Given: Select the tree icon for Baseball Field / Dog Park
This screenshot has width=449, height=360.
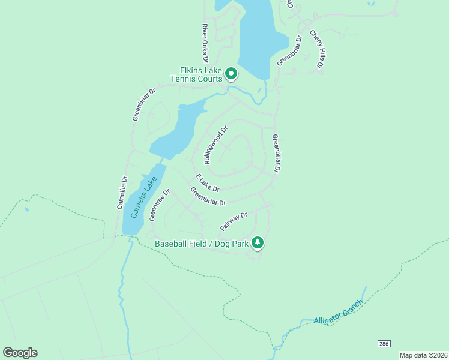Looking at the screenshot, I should click(x=258, y=242).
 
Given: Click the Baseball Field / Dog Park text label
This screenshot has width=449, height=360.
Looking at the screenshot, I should click(x=202, y=244).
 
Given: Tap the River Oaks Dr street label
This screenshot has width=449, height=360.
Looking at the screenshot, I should click(x=205, y=43).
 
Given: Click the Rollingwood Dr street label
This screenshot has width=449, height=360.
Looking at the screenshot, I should click(x=216, y=145).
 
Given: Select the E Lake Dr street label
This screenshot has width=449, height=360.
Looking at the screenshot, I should click(x=208, y=183).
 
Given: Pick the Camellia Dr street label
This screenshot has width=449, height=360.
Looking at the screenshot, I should click(x=122, y=193).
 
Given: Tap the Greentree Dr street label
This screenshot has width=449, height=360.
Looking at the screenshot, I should click(x=160, y=205).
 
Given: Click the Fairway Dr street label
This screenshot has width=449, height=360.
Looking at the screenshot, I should click(x=234, y=221).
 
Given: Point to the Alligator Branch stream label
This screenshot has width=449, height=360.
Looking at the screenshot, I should click(x=339, y=313).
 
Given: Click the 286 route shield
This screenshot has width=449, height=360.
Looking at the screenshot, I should click(x=384, y=343).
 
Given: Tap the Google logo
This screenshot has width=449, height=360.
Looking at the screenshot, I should click(x=20, y=353).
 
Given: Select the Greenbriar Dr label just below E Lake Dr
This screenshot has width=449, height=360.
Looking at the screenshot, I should click(x=208, y=196).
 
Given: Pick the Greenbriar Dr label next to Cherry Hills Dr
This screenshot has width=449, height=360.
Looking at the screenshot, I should click(x=289, y=51).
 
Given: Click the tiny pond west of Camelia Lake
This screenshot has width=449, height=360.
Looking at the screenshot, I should click(x=26, y=210).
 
